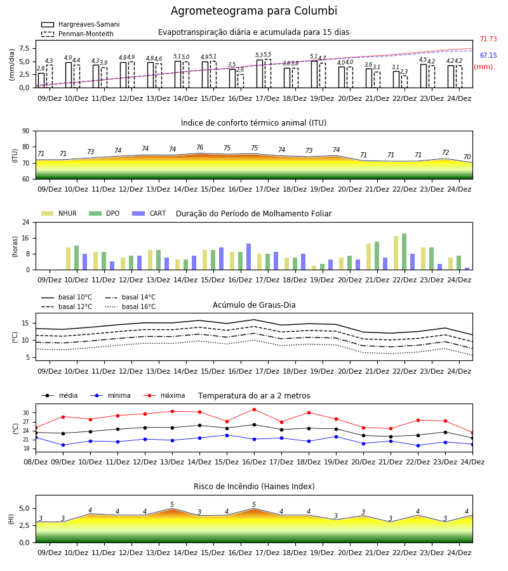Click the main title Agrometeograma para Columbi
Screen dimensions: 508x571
coord(254,11)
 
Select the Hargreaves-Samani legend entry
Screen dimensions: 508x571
coord(80,24)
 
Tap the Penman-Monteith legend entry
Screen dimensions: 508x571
coord(77,34)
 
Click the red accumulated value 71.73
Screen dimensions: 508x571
coord(488,39)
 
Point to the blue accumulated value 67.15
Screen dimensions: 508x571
coord(488,55)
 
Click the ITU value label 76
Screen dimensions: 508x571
coord(199,147)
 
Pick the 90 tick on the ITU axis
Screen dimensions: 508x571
coord(26,131)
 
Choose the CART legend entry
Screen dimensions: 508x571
coord(149,213)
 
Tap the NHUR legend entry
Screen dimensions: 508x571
coord(59,213)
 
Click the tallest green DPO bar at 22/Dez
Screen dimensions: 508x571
coord(404,252)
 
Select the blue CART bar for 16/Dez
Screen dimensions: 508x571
coord(248,257)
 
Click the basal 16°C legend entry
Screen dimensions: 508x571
coord(130,306)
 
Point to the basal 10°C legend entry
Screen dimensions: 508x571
coord(67,297)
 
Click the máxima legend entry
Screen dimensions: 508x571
coord(164,395)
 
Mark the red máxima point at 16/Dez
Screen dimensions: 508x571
coord(255,409)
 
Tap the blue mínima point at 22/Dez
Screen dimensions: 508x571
coord(418,445)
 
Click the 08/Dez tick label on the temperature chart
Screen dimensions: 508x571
coord(36,462)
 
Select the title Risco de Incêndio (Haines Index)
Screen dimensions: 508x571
coord(254,487)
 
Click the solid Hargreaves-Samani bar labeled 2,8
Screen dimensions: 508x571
coord(41,81)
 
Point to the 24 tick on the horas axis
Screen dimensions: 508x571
coord(26,222)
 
